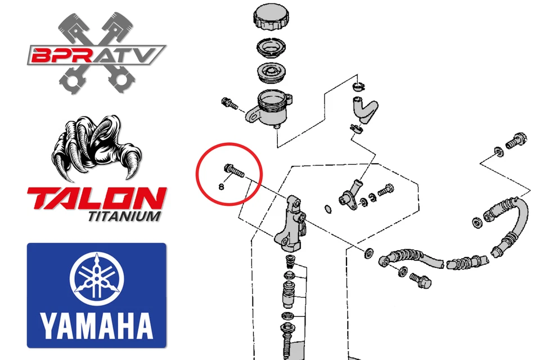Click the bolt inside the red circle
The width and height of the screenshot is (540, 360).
pos(233,169)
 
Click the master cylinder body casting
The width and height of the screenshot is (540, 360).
pos(291,224)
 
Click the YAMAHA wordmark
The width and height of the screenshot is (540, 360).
pos(97,325)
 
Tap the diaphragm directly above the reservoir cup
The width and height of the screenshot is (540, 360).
pos(271,73)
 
